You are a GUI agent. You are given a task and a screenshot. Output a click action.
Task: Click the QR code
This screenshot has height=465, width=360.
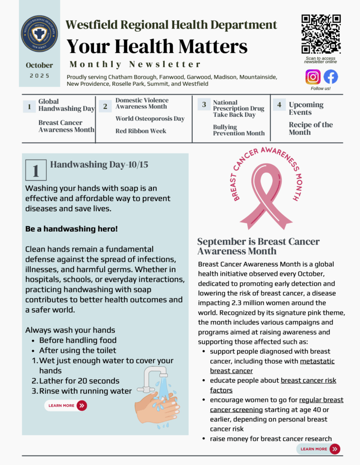coord(321,34)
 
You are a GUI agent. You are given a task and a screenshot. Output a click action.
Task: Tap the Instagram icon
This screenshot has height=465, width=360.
coord(313,77)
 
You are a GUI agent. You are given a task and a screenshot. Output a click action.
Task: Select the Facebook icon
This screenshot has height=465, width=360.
coord(330,77)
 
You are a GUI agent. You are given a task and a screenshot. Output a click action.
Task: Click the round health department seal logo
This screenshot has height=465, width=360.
coord(39,34)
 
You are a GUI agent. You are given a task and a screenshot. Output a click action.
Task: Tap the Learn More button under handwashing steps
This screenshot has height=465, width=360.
coord(66,406)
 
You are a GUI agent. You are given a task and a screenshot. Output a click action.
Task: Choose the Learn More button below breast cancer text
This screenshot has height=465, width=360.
coord(318,449)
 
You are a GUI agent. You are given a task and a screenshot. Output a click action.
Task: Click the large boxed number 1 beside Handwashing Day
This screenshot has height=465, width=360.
coord(36,170)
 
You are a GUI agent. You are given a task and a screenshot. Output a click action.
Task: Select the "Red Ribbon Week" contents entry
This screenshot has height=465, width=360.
coord(140,131)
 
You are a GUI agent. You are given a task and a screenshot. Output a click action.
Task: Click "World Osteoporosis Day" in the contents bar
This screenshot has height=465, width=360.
coord(150,119)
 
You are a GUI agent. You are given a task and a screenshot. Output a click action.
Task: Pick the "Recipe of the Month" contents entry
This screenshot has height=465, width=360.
coord(310,129)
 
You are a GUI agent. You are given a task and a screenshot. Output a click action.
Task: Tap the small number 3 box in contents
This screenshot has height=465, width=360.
coord(204,104)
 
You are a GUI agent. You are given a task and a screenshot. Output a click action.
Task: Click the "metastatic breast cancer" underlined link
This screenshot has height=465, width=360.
coord(272,366)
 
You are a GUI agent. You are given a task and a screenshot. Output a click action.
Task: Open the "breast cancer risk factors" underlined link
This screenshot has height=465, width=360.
coord(273,385)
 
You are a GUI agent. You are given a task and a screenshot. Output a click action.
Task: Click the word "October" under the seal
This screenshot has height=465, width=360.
coord(39,65)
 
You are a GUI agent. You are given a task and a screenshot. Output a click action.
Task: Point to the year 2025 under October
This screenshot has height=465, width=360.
coord(40,76)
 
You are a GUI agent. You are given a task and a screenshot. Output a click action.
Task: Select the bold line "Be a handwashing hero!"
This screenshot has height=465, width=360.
coord(71,228)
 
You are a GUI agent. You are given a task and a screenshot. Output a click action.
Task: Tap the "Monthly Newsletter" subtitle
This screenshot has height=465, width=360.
coord(135,64)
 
